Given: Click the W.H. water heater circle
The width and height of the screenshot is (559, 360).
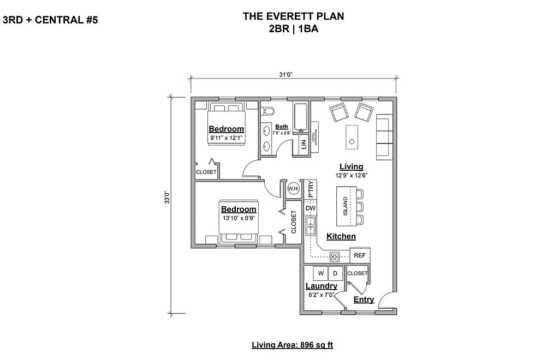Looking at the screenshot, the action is click(x=293, y=188).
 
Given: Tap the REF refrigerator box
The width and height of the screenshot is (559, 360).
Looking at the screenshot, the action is click(x=360, y=255).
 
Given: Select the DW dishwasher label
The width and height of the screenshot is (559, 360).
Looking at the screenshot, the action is click(x=311, y=208).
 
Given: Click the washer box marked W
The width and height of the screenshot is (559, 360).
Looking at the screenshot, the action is click(x=321, y=273).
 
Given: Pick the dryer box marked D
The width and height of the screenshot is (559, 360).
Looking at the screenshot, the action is click(x=335, y=273).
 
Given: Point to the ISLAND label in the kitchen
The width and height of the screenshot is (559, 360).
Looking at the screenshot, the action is click(x=345, y=206).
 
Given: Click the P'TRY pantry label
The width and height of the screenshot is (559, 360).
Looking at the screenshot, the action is click(x=311, y=189).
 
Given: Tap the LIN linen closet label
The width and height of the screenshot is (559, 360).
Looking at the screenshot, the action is click(x=304, y=144).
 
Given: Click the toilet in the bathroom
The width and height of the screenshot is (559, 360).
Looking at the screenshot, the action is click(x=267, y=112).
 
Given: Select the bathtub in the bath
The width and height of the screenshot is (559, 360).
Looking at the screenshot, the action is click(x=301, y=117).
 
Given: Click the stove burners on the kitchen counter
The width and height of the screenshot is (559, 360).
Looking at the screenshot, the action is click(x=335, y=257).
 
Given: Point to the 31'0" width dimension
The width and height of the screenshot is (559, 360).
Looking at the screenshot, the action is click(x=286, y=74).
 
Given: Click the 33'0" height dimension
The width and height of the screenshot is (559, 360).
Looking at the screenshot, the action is click(x=166, y=198).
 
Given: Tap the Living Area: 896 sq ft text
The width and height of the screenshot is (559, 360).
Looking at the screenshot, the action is click(x=293, y=345).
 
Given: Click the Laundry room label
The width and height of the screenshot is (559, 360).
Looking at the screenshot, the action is click(x=321, y=286).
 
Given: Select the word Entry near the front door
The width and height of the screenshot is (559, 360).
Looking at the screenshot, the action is click(x=364, y=299).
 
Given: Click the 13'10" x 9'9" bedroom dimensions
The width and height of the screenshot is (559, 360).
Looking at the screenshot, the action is click(x=239, y=218).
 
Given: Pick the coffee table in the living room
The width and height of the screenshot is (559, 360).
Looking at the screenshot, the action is click(x=352, y=137).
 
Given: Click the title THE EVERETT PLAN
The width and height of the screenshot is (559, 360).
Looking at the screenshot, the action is click(x=293, y=16).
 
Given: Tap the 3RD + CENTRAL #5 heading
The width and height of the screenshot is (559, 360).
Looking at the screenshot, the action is click(x=50, y=20).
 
